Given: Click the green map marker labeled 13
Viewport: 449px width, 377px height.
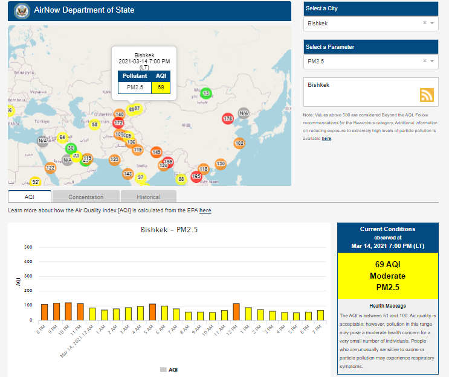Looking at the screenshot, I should pos(205,93).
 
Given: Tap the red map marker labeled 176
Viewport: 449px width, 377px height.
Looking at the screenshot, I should pos(228,119).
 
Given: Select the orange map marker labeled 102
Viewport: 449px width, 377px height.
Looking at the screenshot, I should pos(239,143).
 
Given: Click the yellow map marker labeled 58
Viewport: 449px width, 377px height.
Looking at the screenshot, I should pos(94,125).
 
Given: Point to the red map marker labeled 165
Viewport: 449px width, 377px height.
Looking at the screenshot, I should pos(196,177).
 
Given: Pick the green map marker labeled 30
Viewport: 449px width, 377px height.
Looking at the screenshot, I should pos(71,148).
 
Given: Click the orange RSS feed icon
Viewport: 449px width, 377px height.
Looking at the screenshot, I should pos(427,95).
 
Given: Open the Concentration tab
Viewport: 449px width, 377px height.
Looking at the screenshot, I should pos(86,197).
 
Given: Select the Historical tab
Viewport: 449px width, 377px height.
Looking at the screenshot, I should pos(148,197).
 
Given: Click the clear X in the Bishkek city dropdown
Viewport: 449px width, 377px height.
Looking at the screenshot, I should pos(424,23).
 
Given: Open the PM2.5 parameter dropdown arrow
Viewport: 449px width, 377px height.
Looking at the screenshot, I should pos(431,61).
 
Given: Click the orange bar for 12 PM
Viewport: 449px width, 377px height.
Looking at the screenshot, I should pos(236,312).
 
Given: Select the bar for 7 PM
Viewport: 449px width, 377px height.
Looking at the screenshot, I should pos(320,315).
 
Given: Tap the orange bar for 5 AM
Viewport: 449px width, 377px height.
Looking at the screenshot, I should pos(152,312).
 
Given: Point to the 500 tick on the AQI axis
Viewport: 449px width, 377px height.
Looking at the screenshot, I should pos(28,247).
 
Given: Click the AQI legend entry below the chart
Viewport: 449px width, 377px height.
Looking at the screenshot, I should pos(169,369).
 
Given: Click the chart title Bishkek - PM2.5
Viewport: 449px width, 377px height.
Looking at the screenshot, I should pos(169,230).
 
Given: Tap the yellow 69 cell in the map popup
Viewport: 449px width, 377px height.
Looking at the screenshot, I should pos(161,87).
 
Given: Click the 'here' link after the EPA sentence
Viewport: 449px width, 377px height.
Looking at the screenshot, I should pos(205,211).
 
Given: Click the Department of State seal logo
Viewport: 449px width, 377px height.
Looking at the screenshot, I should pos(22,10).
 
